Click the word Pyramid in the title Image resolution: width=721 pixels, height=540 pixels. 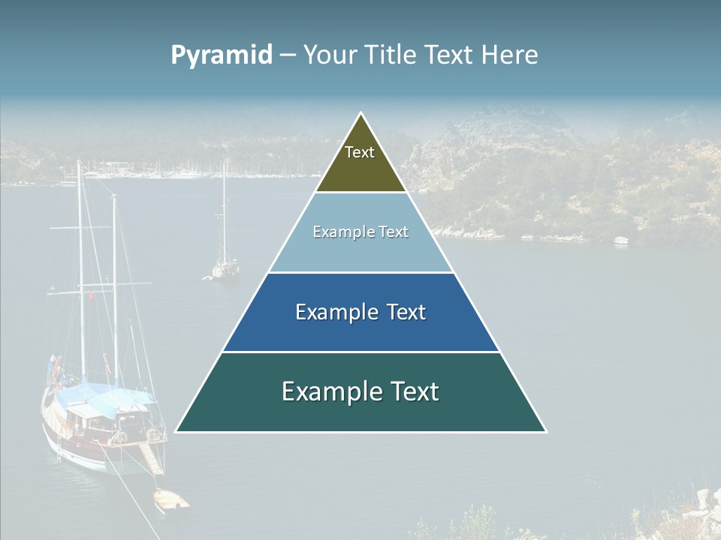tap(222, 55)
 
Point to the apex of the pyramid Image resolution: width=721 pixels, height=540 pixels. tap(361, 114)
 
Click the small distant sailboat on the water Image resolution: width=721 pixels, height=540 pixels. tap(224, 266)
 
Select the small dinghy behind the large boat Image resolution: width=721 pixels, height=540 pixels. tap(171, 499)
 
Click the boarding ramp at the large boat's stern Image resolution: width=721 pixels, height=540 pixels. tap(152, 457)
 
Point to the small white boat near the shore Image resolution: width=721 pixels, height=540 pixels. tap(620, 240)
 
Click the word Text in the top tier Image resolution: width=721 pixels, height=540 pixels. tap(360, 152)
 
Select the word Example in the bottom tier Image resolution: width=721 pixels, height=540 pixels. tap(323, 391)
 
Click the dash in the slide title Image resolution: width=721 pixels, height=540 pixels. tap(288, 55)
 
